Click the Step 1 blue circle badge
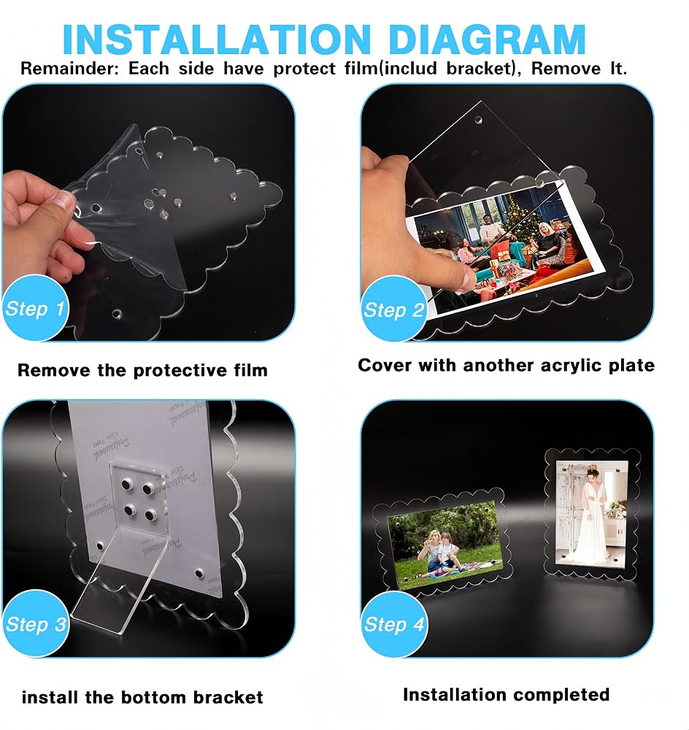tap(34, 308)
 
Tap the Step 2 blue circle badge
tap(394, 309)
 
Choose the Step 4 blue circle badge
tap(394, 624)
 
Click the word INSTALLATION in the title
tap(217, 39)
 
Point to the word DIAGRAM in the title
tap(487, 39)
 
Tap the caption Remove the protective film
tap(142, 370)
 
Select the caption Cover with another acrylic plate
tap(506, 366)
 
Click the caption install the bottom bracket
tap(142, 697)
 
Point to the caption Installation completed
tap(506, 695)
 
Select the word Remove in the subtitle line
tap(566, 69)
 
